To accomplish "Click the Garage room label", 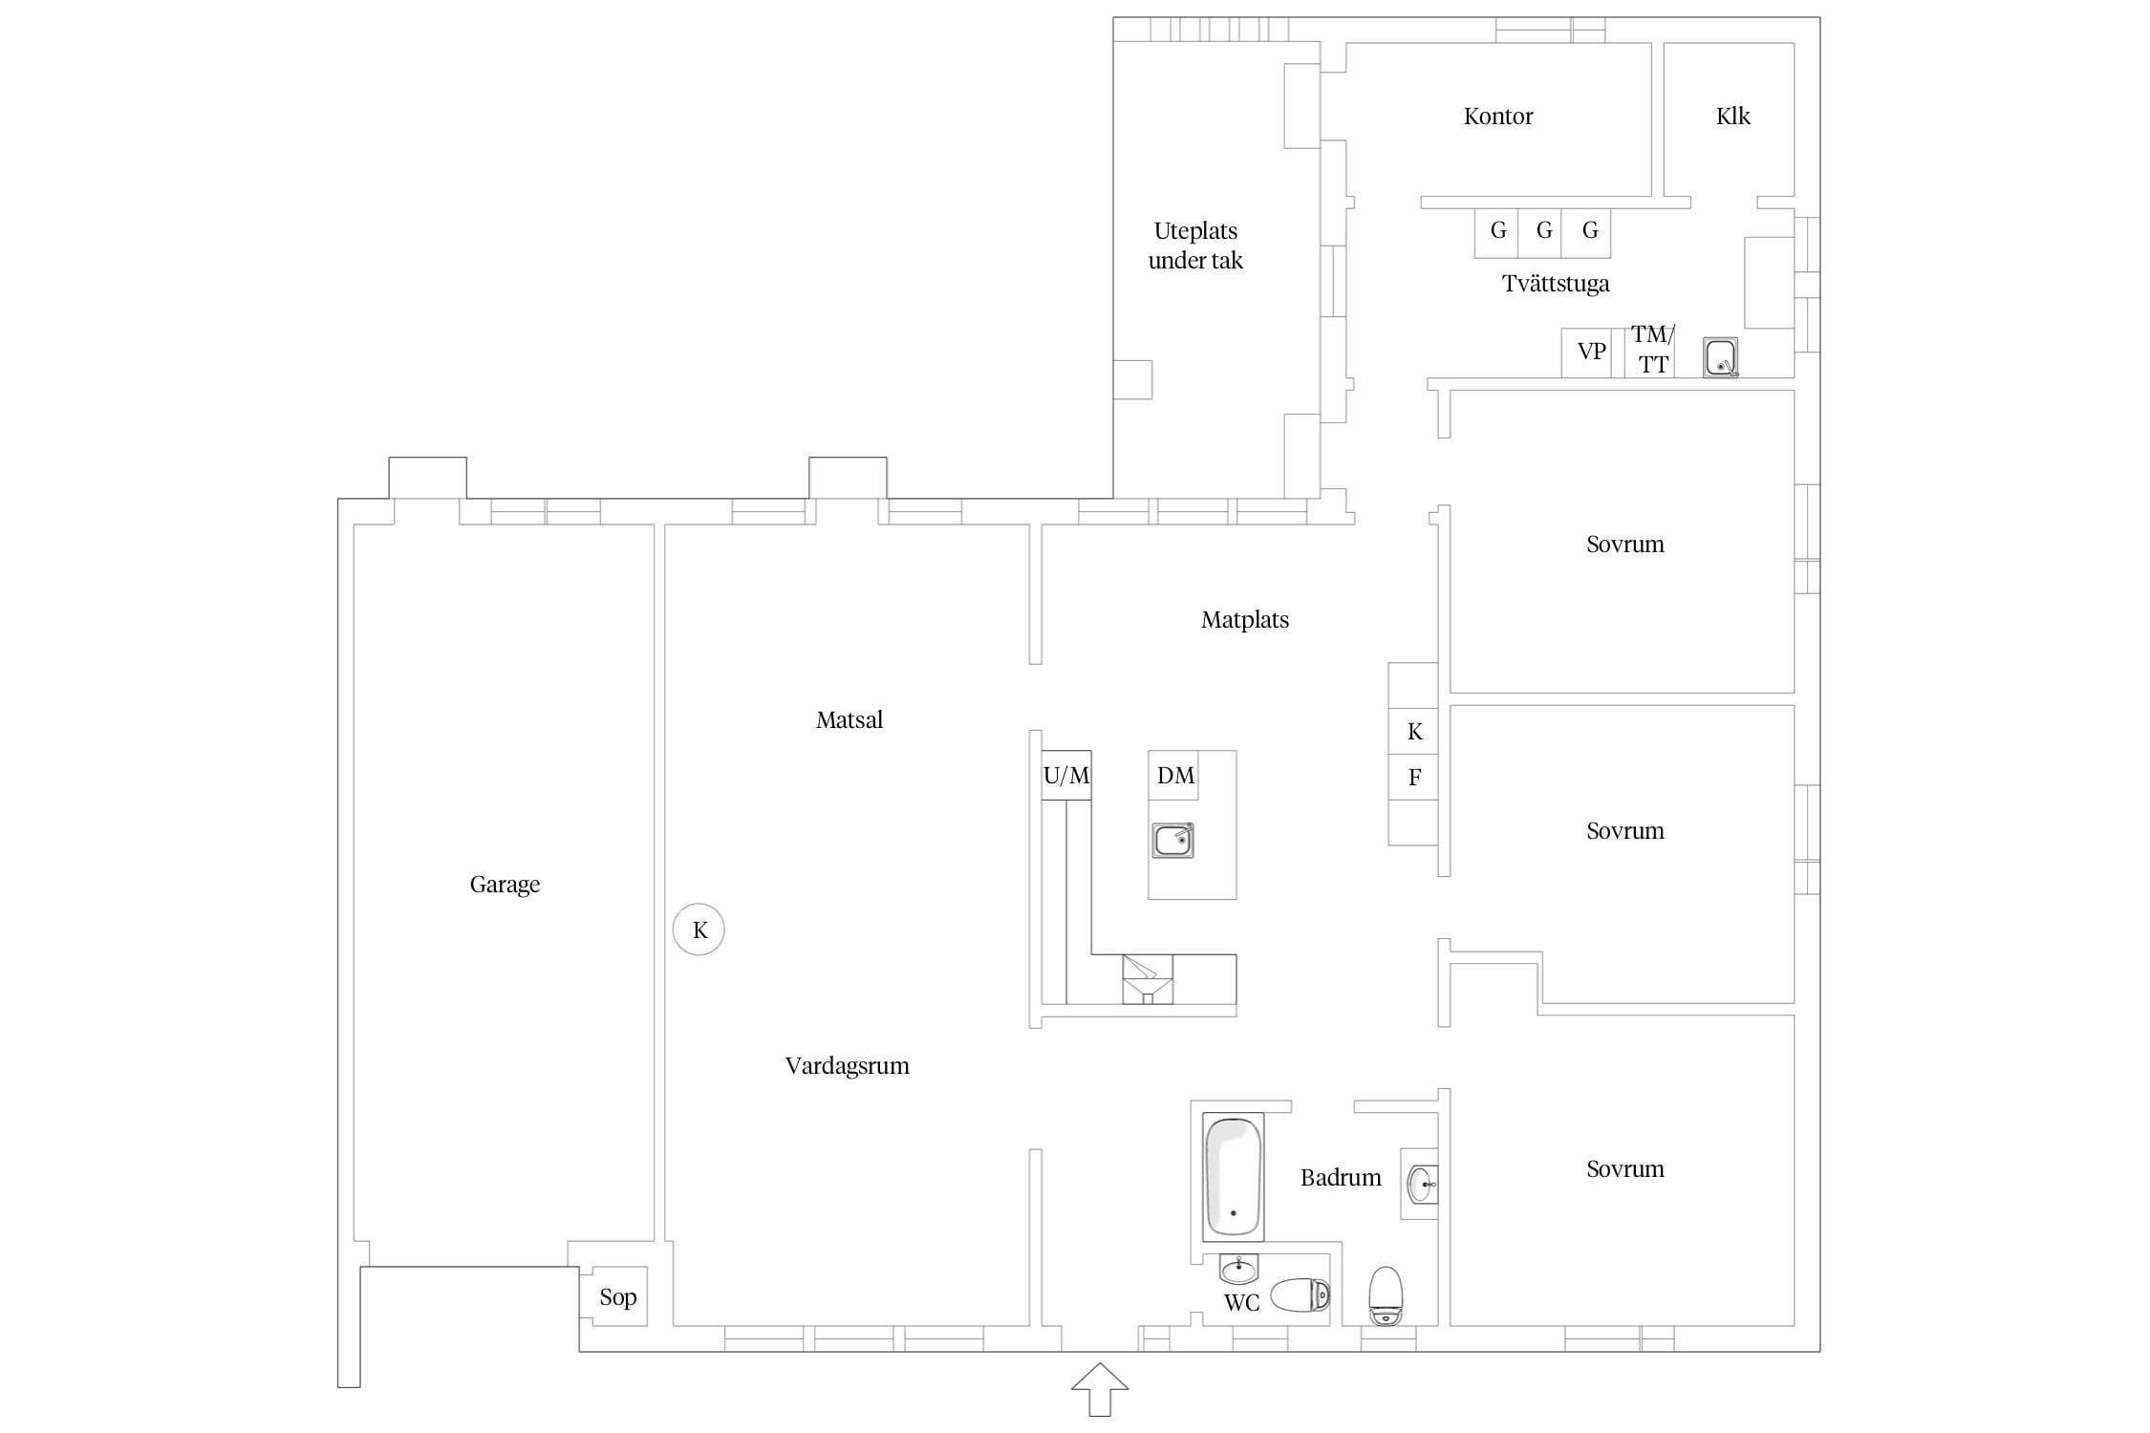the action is (x=505, y=885).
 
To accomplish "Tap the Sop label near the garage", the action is (x=618, y=1297).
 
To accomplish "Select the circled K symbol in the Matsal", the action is (x=699, y=930).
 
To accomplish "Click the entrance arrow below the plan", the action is (x=1100, y=1389).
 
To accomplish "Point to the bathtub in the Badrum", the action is (x=1233, y=1177).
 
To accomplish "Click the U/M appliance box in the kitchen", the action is (x=1066, y=775).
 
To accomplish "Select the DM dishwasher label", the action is (x=1175, y=776).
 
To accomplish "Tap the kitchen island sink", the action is (x=1172, y=840).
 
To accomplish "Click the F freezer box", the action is (x=1413, y=778).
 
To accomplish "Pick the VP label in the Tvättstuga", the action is (x=1591, y=352).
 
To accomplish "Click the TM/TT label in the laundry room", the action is (x=1652, y=350).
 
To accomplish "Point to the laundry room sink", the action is (x=1720, y=357).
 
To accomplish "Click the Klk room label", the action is (x=1732, y=117).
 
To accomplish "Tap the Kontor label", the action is (x=1498, y=117).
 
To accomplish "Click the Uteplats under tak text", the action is (x=1195, y=246).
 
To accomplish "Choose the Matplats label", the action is (x=1245, y=620).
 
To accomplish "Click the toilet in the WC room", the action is (x=1300, y=1294).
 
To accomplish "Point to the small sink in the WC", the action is (x=1239, y=1270).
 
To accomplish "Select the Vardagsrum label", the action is (x=848, y=1066).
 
